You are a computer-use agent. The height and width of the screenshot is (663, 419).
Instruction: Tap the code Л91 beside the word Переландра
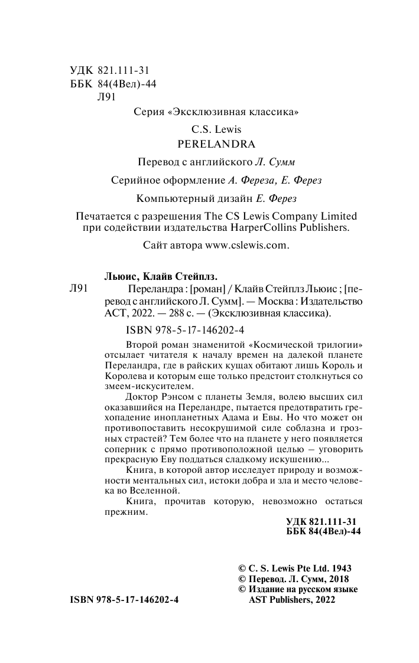[79, 288]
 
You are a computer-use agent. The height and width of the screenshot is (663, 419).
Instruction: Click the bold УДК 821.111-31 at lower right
[323, 522]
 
